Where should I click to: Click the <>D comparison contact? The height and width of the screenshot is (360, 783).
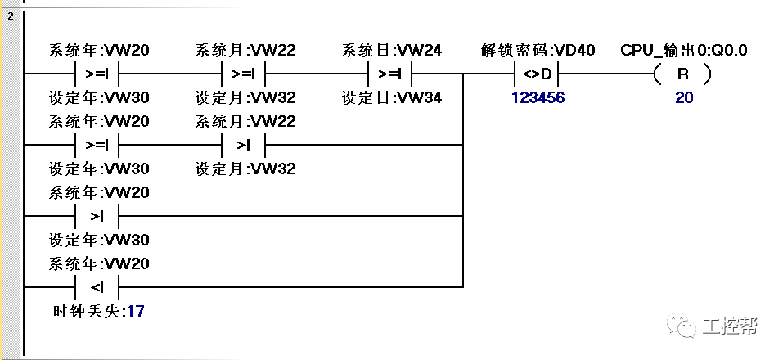click(538, 74)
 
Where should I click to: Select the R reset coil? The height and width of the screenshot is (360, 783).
click(682, 74)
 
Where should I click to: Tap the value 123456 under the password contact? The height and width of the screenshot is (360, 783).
click(538, 97)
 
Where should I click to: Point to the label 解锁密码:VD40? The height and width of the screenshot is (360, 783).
click(538, 51)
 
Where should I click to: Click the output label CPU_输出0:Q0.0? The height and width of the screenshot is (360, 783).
click(683, 51)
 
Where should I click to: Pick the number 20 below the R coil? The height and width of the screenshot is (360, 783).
click(683, 97)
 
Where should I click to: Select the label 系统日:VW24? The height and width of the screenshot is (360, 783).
click(392, 51)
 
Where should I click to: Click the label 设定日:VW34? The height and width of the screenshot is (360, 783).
click(392, 97)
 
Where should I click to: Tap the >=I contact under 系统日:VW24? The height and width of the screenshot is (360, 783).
click(390, 74)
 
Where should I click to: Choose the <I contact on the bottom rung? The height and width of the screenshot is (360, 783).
click(97, 287)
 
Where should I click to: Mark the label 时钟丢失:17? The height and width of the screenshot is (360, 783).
click(97, 311)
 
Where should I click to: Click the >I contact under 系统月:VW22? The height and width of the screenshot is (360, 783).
click(244, 146)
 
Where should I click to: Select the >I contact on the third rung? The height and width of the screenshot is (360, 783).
click(97, 217)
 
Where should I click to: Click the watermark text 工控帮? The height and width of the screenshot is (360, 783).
click(730, 327)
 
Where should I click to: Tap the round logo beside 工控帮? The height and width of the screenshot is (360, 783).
click(686, 327)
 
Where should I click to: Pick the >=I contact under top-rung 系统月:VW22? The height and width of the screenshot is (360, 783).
click(244, 74)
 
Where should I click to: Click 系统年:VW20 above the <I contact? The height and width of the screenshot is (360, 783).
click(99, 264)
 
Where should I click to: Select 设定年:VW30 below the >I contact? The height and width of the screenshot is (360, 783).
click(99, 241)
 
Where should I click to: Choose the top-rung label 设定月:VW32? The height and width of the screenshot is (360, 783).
click(245, 97)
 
